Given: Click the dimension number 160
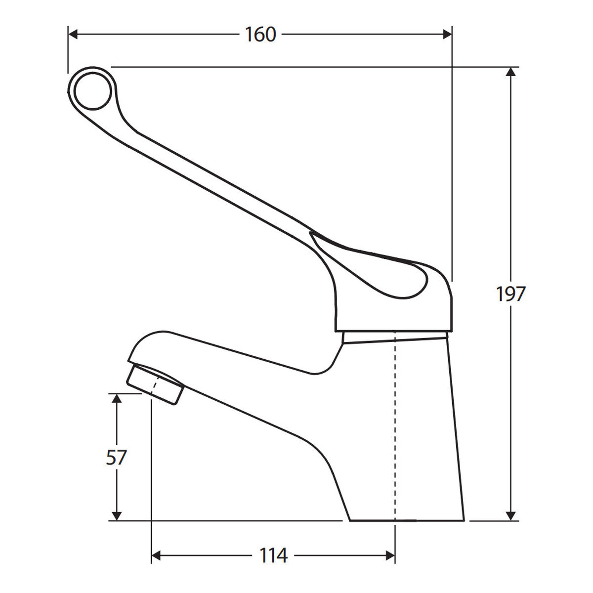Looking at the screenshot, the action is [260, 35].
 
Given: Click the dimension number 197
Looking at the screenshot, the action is [510, 294].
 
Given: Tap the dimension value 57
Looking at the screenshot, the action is [116, 457].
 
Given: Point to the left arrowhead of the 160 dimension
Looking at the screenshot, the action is [73, 35].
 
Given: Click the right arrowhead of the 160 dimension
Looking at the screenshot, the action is [447, 35].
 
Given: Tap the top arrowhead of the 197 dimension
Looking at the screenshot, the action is [510, 72].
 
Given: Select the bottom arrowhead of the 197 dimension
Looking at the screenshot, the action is [510, 515].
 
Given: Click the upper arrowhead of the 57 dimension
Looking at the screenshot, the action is [117, 398].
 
